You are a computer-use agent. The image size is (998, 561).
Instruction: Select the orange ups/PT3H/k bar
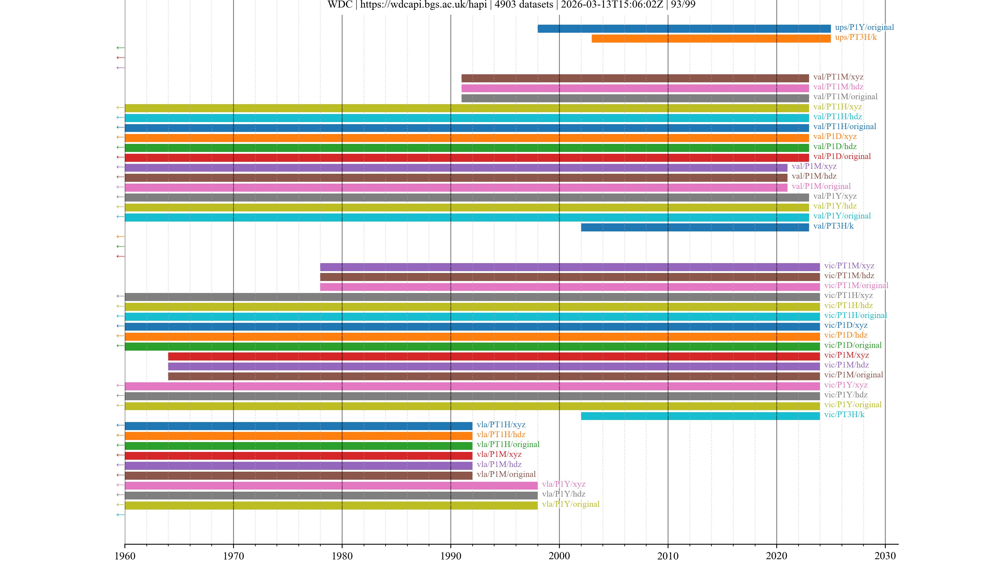pyautogui.click(x=711, y=38)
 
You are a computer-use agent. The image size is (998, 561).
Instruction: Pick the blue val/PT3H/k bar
pyautogui.click(x=695, y=227)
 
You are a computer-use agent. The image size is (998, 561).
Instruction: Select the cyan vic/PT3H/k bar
pyautogui.click(x=700, y=416)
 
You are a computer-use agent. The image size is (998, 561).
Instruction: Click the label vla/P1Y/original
pyautogui.click(x=570, y=504)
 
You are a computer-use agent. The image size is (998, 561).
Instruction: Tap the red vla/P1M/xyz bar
pyautogui.click(x=298, y=456)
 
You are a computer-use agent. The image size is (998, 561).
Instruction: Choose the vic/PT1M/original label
pyautogui.click(x=856, y=286)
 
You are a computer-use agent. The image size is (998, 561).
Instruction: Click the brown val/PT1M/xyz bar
pyautogui.click(x=635, y=78)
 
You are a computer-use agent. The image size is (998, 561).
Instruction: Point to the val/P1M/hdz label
pyautogui.click(x=813, y=176)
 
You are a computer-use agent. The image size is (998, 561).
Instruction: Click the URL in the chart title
pyautogui.click(x=423, y=5)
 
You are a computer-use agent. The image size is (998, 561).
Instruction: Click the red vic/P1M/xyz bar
pyautogui.click(x=494, y=356)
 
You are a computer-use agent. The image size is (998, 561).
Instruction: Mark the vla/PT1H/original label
pyautogui.click(x=508, y=444)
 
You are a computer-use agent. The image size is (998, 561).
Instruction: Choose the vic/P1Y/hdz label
pyautogui.click(x=845, y=395)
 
